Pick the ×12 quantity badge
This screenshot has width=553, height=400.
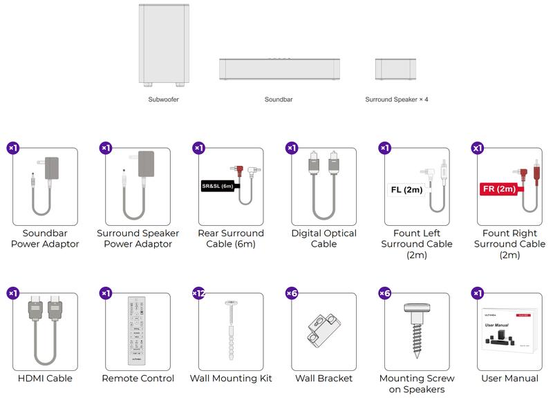pos(198,293)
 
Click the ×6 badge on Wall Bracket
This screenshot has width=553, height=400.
pos(292,293)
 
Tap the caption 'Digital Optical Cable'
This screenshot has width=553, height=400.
pos(324,238)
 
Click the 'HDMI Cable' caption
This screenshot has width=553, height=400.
pos(45,378)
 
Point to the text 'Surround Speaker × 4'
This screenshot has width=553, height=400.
pos(397,99)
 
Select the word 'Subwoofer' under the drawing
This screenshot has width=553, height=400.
pos(164,99)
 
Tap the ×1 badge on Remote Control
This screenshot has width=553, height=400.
pos(106,293)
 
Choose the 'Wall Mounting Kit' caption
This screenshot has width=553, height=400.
pos(231,378)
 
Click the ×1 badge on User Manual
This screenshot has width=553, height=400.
pos(478,293)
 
